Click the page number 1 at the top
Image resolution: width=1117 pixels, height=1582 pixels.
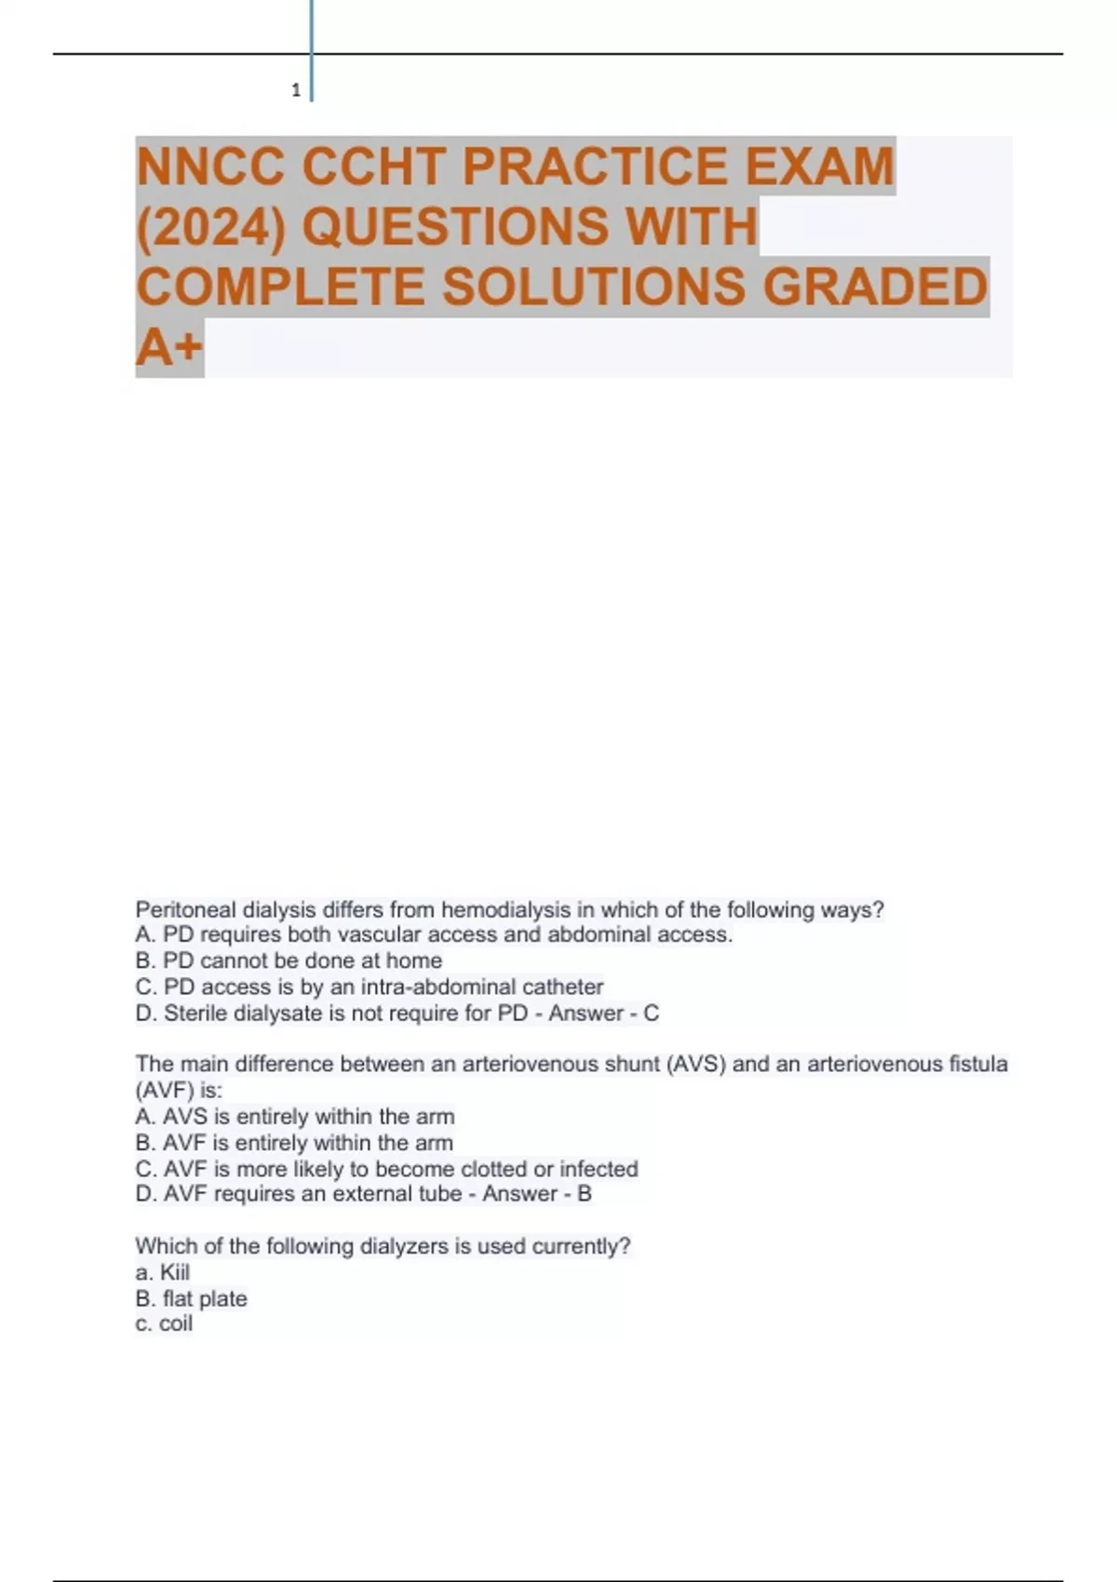point(296,90)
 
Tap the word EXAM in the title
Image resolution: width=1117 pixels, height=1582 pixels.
point(819,167)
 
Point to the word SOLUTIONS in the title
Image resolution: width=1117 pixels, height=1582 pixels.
point(593,287)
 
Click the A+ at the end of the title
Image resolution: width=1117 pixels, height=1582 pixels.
point(168,347)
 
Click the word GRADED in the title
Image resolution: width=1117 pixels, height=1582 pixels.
point(875,287)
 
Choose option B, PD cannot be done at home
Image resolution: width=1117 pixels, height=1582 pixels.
point(289,960)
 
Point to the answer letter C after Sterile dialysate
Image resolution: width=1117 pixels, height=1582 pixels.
point(652,1013)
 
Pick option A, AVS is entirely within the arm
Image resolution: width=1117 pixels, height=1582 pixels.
point(295,1117)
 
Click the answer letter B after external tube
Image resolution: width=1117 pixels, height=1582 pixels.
point(585,1194)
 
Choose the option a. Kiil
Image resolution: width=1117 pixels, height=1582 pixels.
point(163,1272)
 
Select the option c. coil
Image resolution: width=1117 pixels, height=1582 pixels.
point(164,1324)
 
